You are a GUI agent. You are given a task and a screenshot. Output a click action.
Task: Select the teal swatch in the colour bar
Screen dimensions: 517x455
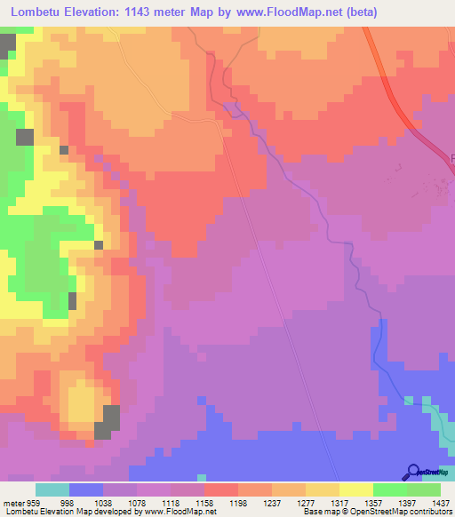(52, 489)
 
